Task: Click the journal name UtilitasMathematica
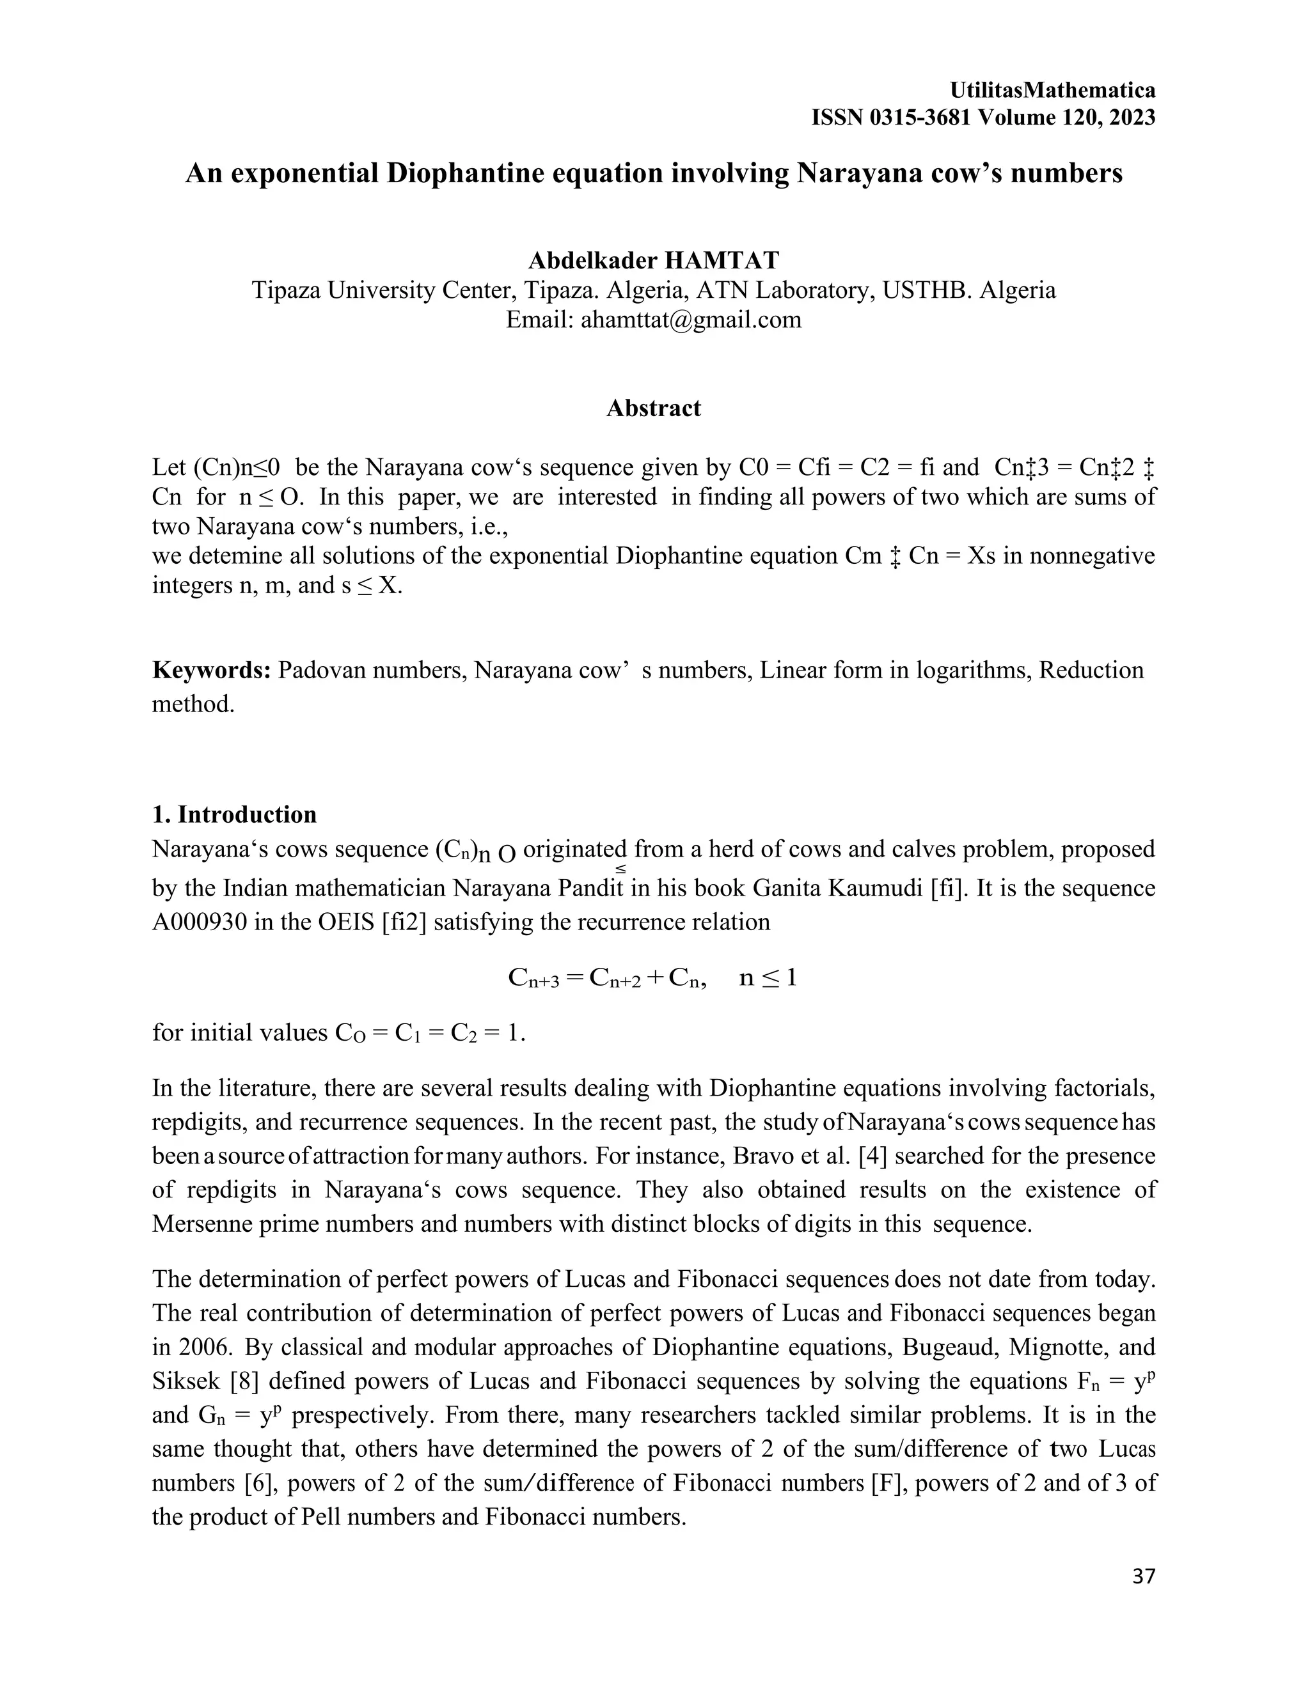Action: pyautogui.click(x=1052, y=90)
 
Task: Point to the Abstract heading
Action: pyautogui.click(x=654, y=408)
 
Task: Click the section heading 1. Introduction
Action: pyautogui.click(x=234, y=814)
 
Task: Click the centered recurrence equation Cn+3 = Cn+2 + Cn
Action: pyautogui.click(x=652, y=977)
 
